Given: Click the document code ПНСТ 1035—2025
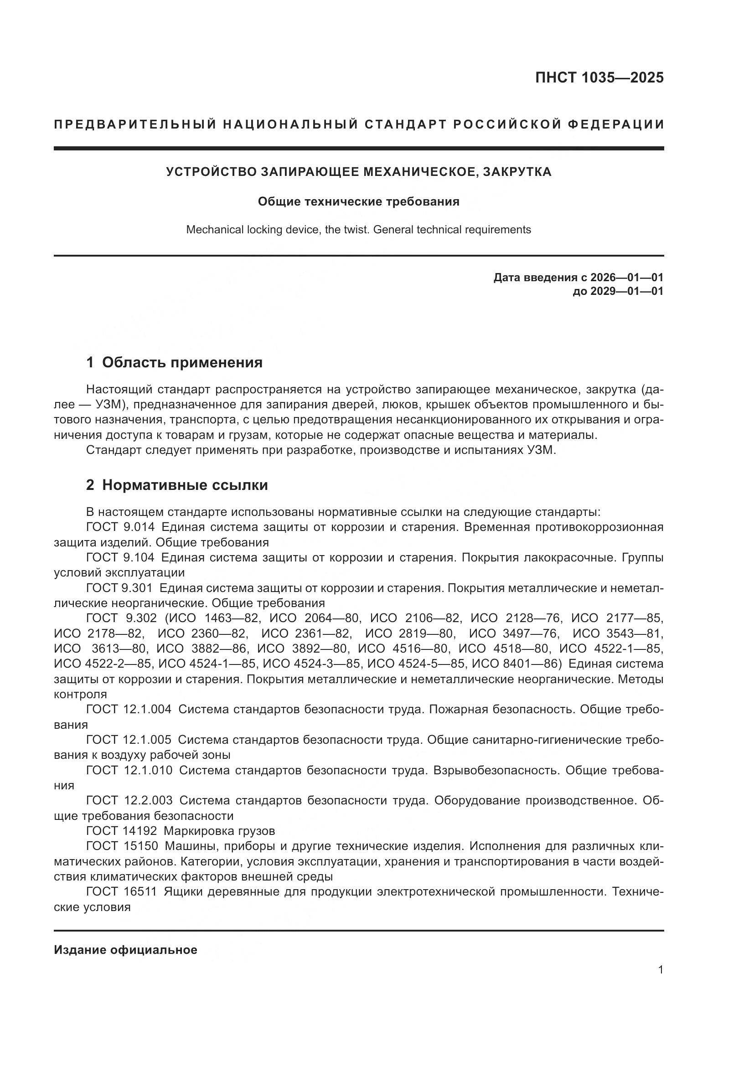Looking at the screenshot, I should [x=599, y=77].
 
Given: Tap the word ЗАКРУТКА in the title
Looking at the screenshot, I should [x=517, y=172].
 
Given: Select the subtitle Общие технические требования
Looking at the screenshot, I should [x=358, y=201].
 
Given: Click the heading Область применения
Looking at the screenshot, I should [x=182, y=362].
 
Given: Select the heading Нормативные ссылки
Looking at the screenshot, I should [x=185, y=485].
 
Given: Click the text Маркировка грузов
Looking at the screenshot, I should [x=219, y=831].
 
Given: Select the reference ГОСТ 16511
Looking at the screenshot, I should [x=122, y=891].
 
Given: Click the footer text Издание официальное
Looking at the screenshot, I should [x=125, y=950].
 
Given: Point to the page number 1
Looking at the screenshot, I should [x=660, y=970].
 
